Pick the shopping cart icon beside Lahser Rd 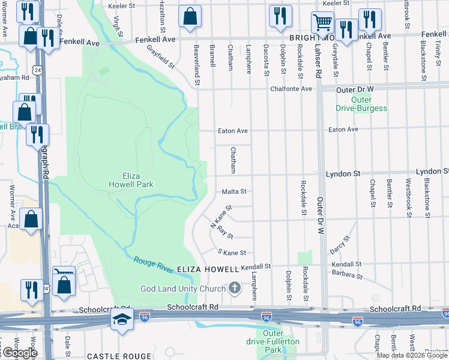coord(322,23)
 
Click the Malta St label coord(234,192)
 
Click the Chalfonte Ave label coord(292,89)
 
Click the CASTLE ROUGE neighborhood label coord(113,356)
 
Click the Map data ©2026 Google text coord(412,355)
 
